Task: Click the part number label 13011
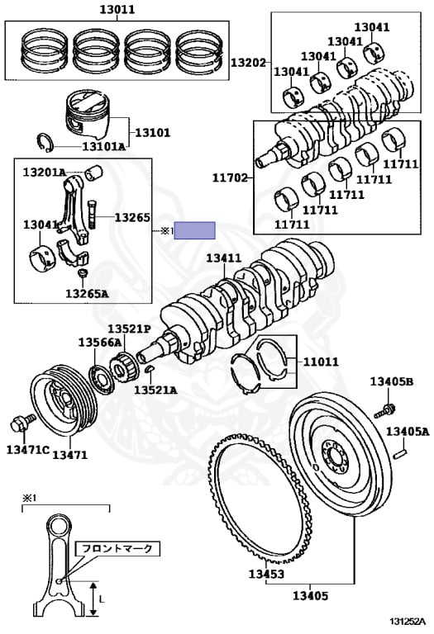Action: tap(117, 8)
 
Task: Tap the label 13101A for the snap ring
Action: tap(104, 146)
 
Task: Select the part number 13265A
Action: tap(87, 294)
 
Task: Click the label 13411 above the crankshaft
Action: tap(224, 258)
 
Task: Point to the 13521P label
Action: tap(129, 329)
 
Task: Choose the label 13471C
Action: tap(28, 449)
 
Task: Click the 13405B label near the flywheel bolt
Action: tap(392, 381)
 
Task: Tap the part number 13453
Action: tap(266, 574)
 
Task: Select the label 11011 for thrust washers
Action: tap(321, 362)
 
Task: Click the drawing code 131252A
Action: tap(408, 621)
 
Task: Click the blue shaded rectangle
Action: tap(194, 230)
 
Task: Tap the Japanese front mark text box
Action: tap(118, 549)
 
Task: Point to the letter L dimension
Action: tap(102, 598)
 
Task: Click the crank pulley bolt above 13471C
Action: tap(19, 423)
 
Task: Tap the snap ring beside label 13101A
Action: tap(45, 142)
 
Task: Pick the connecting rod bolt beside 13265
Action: tap(92, 215)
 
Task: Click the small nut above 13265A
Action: tap(83, 273)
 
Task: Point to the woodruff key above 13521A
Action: tap(149, 368)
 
